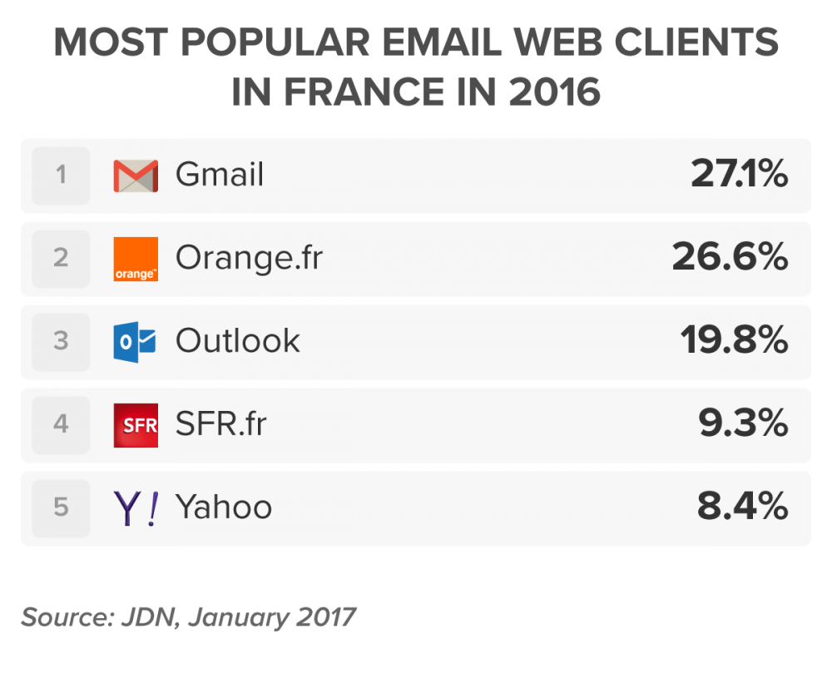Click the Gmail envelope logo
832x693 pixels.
pyautogui.click(x=135, y=176)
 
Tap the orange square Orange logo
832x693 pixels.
pyautogui.click(x=135, y=259)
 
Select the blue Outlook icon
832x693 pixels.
pyautogui.click(x=135, y=342)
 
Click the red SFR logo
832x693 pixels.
pyautogui.click(x=135, y=425)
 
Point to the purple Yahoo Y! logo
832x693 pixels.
pyautogui.click(x=135, y=508)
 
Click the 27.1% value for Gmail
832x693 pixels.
pyautogui.click(x=739, y=176)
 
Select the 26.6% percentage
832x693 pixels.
pyautogui.click(x=730, y=259)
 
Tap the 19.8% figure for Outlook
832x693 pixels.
pyautogui.click(x=734, y=342)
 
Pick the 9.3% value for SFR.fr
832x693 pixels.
pyautogui.click(x=742, y=425)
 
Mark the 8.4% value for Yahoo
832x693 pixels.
pyautogui.click(x=742, y=508)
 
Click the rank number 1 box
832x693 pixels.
pyautogui.click(x=61, y=176)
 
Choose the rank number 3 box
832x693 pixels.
pyautogui.click(x=61, y=342)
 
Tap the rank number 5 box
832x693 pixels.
pyautogui.click(x=61, y=508)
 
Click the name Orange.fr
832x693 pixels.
pyautogui.click(x=248, y=259)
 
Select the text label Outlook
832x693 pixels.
pyautogui.click(x=237, y=342)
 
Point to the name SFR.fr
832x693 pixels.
pyautogui.click(x=220, y=425)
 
